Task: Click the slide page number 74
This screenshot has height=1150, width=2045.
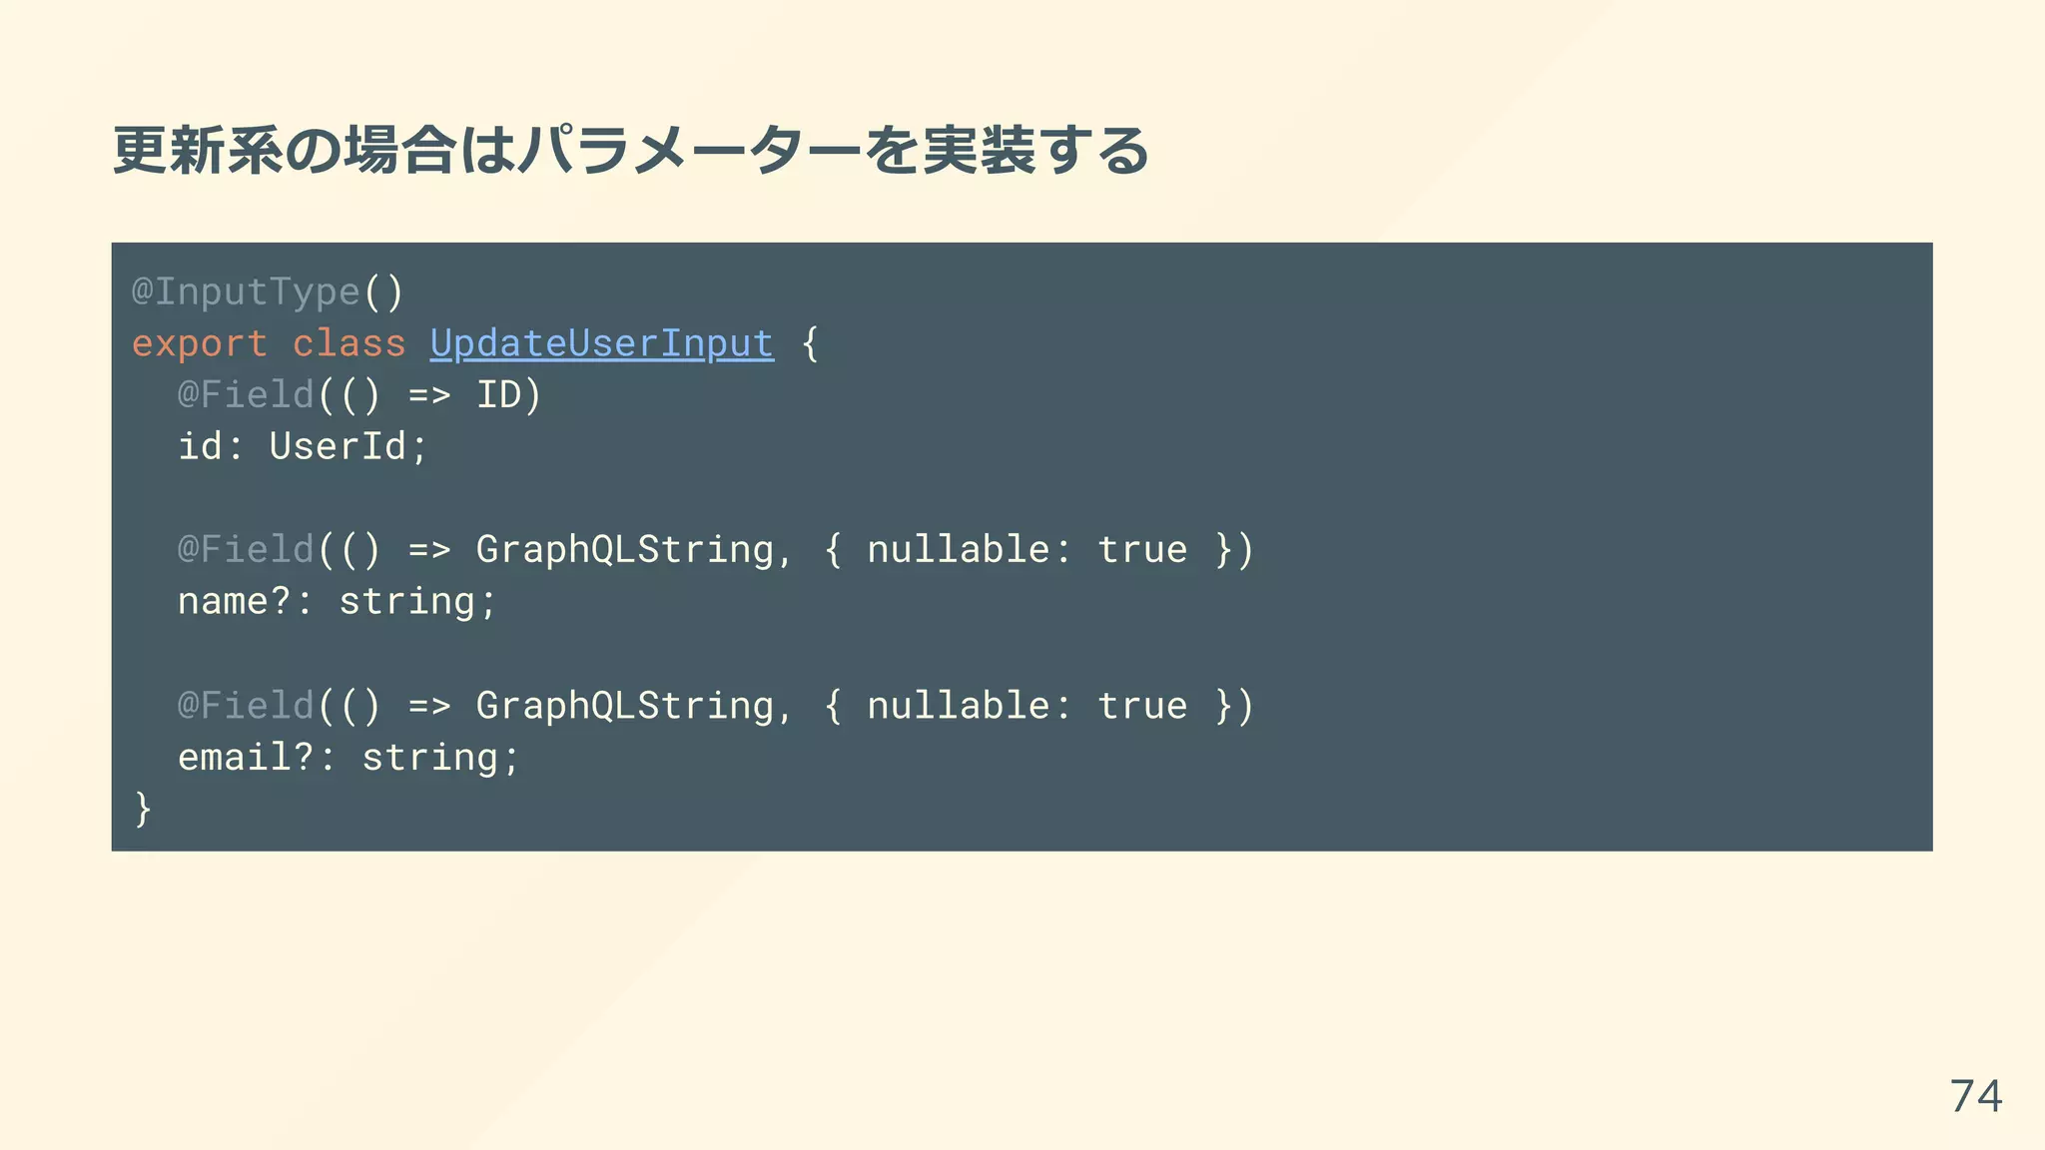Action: [x=1975, y=1096]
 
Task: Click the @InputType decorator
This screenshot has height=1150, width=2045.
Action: [x=246, y=291]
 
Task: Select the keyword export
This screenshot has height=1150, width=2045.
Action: [x=200, y=343]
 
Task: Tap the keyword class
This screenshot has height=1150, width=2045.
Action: [x=348, y=343]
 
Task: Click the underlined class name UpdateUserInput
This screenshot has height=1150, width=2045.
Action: [x=601, y=343]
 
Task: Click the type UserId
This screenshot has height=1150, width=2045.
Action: [x=337, y=446]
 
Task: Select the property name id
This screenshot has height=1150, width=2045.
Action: [x=200, y=446]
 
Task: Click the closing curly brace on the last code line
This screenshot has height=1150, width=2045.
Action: [x=143, y=809]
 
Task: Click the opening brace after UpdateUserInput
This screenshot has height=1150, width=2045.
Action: [x=810, y=343]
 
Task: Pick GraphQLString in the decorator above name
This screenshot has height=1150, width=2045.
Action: [x=624, y=550]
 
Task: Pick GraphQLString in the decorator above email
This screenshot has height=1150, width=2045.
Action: [x=624, y=706]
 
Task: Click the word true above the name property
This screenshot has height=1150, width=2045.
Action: [x=1142, y=550]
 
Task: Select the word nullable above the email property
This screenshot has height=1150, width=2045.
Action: [x=958, y=706]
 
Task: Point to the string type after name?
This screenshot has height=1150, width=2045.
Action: [x=406, y=601]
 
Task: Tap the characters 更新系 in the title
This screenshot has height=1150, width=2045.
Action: [x=198, y=151]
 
